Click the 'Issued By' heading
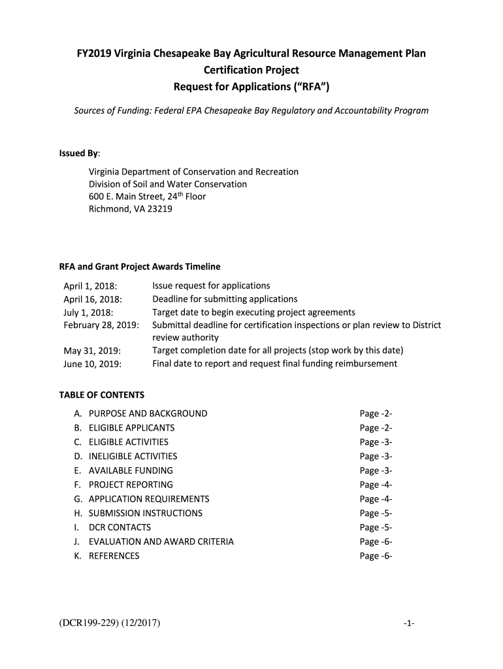point(80,153)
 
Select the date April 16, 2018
point(93,299)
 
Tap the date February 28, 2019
point(101,325)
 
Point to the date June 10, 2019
point(92,364)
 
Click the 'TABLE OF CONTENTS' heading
point(102,395)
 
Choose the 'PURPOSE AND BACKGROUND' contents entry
point(148,414)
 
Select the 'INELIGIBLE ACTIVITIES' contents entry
point(133,456)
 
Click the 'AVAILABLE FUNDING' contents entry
point(131,470)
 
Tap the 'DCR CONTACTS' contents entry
point(120,527)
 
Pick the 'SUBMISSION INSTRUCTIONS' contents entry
point(145,513)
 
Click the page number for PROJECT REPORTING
point(376,485)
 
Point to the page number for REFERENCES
point(376,556)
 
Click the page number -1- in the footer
point(409,623)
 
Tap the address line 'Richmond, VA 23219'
point(131,209)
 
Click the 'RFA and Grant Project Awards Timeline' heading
point(140,267)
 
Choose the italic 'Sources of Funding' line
point(251,110)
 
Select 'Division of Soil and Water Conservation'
point(168,184)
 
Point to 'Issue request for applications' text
point(211,286)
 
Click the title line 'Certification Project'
point(252,69)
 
